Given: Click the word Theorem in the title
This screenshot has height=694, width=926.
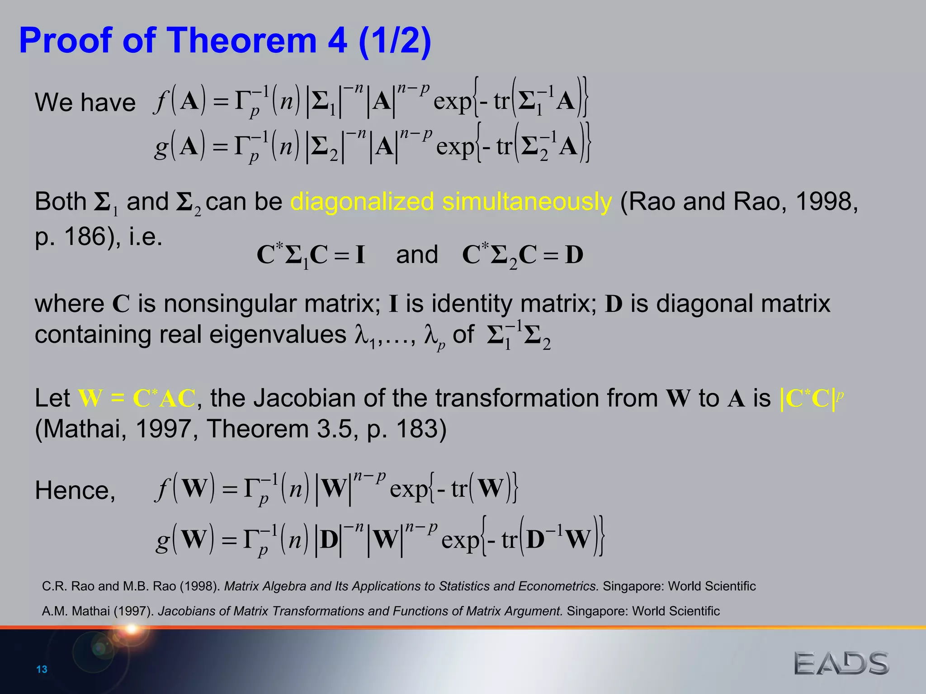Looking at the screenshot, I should point(242,41).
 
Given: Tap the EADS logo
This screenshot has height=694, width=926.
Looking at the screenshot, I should point(841,663).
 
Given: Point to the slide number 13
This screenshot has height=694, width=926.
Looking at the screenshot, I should point(42,669).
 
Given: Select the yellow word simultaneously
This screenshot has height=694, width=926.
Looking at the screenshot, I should point(527,202).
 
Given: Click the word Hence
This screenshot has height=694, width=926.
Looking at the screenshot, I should point(75,490).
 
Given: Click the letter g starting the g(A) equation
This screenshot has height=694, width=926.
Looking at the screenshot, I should point(161,147).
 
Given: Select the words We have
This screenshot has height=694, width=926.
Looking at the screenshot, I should point(85,102).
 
